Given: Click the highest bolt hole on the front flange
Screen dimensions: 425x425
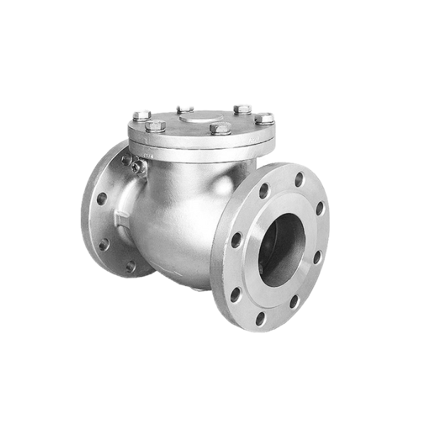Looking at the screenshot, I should pyautogui.click(x=299, y=179).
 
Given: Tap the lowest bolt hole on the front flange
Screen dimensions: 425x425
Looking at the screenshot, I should pyautogui.click(x=261, y=319).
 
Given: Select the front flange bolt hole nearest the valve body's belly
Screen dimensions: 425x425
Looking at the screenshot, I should pyautogui.click(x=237, y=241).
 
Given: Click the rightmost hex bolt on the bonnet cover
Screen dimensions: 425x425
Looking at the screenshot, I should pyautogui.click(x=264, y=118).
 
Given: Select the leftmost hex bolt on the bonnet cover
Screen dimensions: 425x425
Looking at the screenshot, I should pyautogui.click(x=142, y=115).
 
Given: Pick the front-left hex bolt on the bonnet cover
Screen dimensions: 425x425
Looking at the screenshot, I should pyautogui.click(x=156, y=126).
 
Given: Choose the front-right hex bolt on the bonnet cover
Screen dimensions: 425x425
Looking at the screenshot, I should pyautogui.click(x=220, y=128).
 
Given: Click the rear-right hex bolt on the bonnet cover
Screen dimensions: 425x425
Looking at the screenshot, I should pyautogui.click(x=242, y=110).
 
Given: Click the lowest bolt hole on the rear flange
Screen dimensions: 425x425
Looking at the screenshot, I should pyautogui.click(x=130, y=266).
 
